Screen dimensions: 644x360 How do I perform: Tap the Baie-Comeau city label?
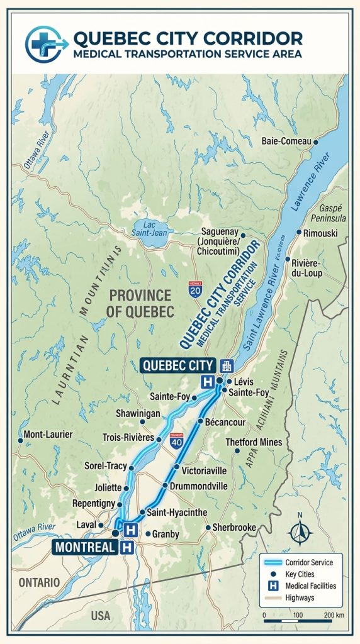[286, 142]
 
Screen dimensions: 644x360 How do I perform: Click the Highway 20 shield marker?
[195, 290]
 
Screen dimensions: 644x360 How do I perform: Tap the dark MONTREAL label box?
[85, 547]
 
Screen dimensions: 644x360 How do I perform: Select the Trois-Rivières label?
[128, 438]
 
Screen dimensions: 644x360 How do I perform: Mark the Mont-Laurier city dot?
[20, 440]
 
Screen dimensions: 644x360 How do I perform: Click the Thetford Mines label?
[254, 442]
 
